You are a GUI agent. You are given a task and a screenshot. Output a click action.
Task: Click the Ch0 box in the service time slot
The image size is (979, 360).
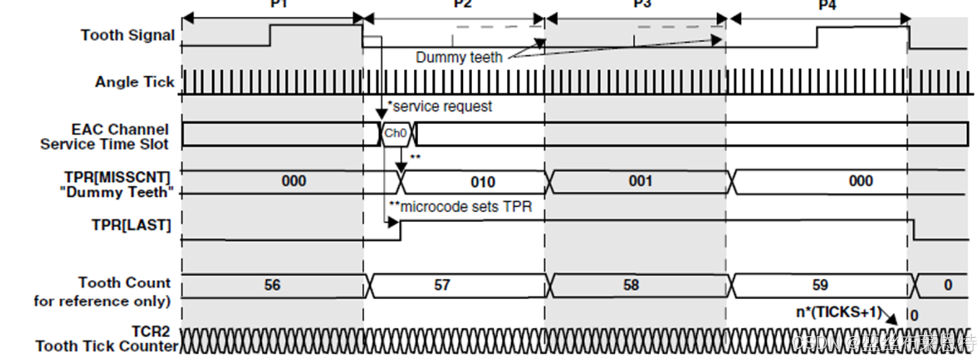point(395,133)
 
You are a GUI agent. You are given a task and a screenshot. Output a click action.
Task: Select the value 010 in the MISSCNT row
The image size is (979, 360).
point(483,182)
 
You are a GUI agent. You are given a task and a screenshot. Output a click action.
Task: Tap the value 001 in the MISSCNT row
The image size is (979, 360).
point(640,181)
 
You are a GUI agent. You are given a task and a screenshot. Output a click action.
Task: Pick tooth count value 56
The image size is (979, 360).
point(272,285)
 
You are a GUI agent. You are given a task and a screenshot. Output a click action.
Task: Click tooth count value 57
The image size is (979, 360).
point(442,285)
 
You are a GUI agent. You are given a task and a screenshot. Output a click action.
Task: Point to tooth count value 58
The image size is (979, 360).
point(631,285)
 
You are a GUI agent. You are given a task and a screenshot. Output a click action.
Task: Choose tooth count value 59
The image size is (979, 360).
point(820,285)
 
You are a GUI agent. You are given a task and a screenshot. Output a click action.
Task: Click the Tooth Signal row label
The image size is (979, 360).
point(127,35)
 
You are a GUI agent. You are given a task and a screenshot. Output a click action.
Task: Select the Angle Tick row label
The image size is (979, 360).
point(135,82)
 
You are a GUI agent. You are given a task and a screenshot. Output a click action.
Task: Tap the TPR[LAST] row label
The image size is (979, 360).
point(131,225)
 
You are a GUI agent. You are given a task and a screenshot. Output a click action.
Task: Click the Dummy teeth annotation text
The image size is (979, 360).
point(458,58)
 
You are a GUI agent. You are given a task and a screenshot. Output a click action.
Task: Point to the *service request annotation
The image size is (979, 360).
point(440,107)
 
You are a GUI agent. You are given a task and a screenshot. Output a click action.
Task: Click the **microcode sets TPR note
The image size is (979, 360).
point(460,207)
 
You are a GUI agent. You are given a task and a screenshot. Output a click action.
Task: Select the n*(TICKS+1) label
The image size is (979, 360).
point(838,312)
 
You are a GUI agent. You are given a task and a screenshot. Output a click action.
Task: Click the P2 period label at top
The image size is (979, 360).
point(462,4)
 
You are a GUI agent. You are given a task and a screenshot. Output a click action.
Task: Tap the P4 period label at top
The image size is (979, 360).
point(827,5)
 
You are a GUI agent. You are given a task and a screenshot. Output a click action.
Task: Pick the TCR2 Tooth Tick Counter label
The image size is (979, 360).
point(107,339)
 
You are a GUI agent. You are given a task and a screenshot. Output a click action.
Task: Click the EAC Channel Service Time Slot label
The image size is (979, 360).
point(105,137)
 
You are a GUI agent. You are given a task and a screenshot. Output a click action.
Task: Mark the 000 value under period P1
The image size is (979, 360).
point(293,181)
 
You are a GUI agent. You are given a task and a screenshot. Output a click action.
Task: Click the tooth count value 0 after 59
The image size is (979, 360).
point(947,285)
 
